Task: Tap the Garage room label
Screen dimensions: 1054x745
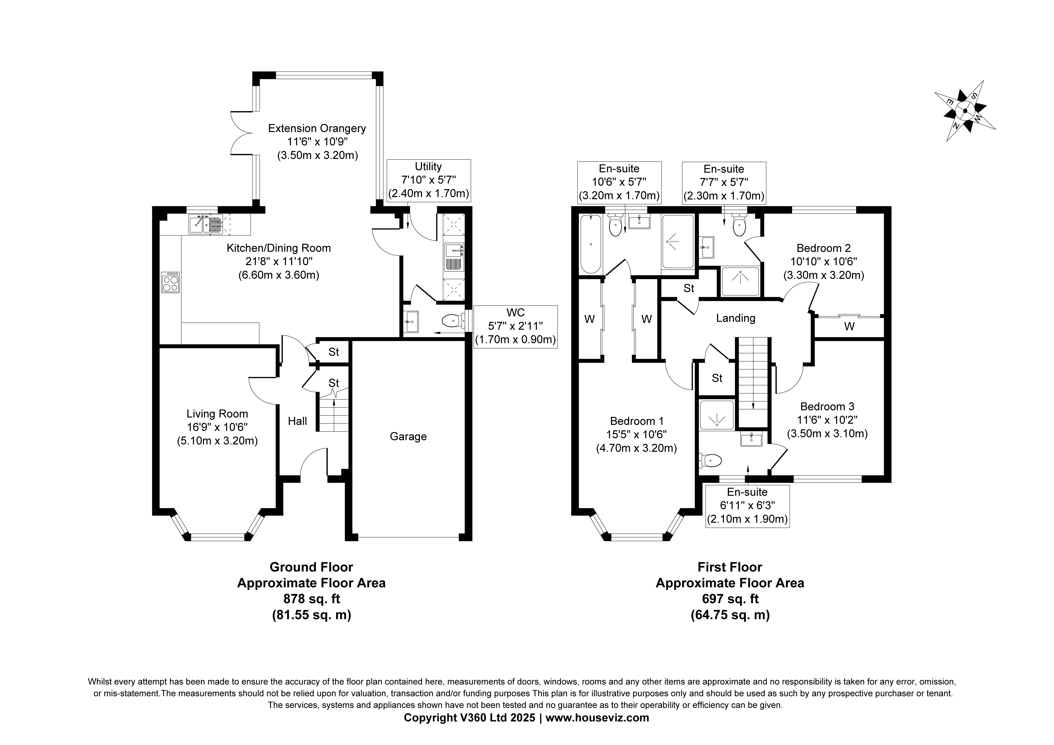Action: coord(408,436)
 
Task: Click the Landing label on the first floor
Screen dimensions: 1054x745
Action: coord(735,318)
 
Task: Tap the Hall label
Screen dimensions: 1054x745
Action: coord(297,421)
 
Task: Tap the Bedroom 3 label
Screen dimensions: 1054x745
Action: coord(827,406)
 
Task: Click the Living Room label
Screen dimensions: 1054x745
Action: coord(217,414)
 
